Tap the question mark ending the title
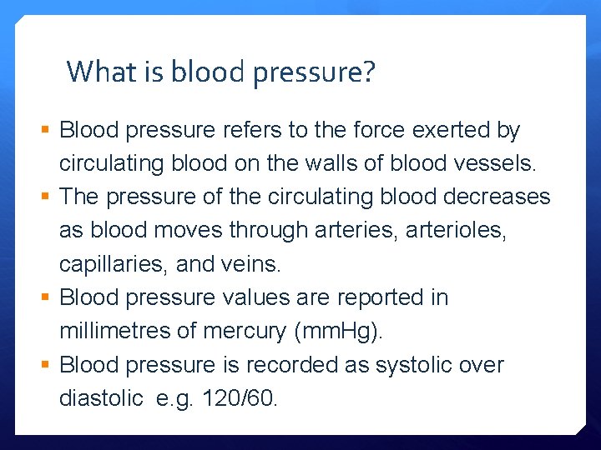click(x=368, y=72)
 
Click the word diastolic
click(x=101, y=398)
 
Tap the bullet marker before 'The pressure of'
click(x=46, y=197)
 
